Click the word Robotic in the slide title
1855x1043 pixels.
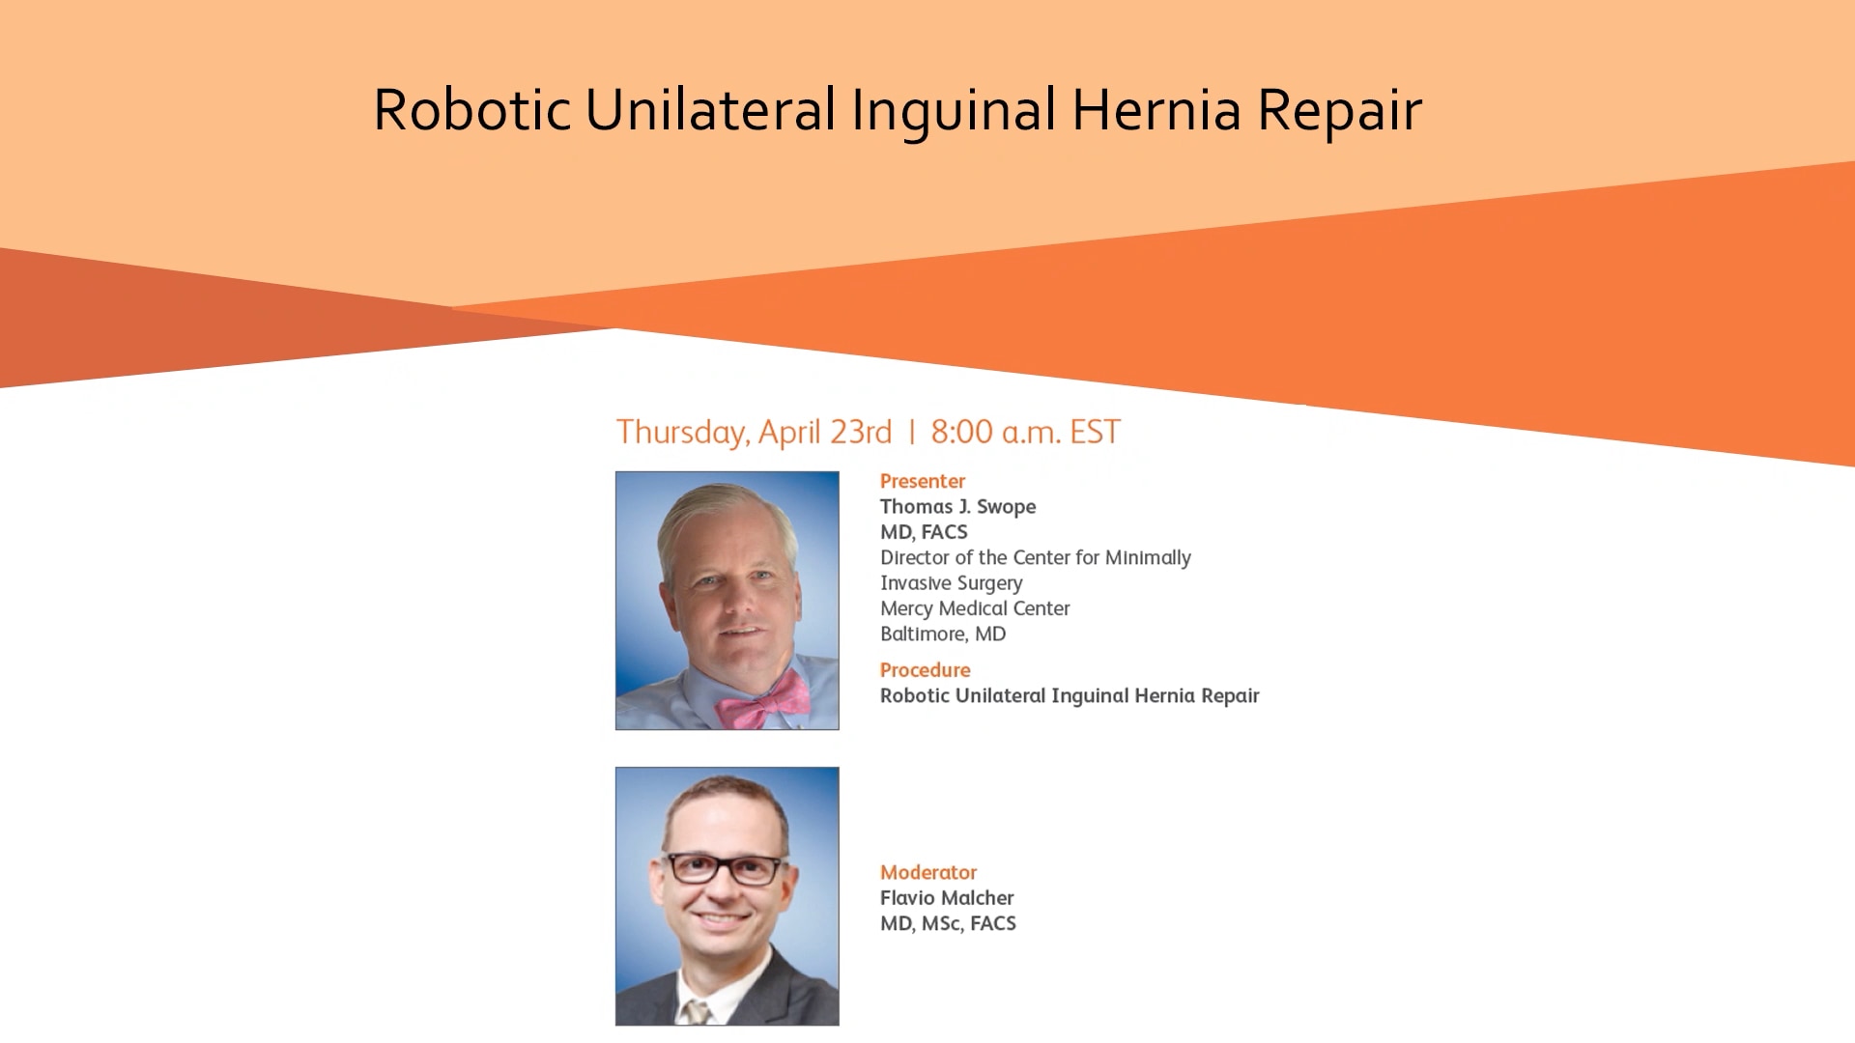[471, 109]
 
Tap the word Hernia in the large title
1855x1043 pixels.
[1156, 109]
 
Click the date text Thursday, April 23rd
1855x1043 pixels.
[754, 433]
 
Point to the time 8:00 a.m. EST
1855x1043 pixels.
[1025, 432]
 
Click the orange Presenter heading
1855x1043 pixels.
[923, 481]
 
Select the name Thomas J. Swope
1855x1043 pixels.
[957, 506]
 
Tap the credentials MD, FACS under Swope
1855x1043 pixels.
[924, 532]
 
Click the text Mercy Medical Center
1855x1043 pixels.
[975, 608]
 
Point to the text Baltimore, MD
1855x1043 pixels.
[943, 634]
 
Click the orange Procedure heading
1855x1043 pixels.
[925, 670]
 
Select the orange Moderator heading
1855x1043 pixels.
[928, 872]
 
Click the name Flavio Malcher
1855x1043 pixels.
[947, 898]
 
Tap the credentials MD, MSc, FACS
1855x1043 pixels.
[948, 924]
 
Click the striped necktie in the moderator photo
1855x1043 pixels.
[696, 1012]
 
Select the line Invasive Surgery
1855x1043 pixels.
[951, 583]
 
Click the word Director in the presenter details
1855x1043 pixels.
[915, 557]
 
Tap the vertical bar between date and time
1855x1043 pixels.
[911, 432]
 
